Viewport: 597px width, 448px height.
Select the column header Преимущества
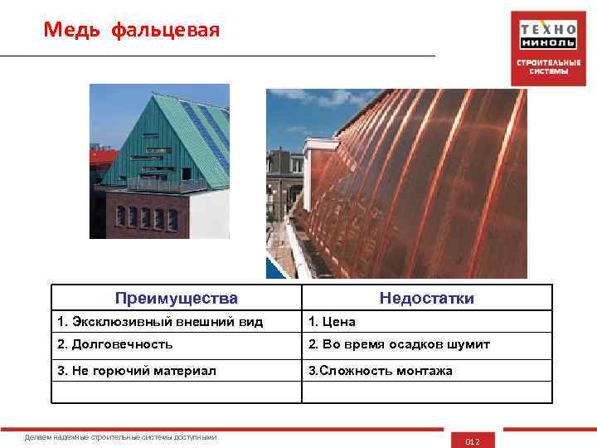(176, 298)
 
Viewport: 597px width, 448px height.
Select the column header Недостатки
(426, 298)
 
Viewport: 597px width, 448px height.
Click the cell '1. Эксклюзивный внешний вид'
(160, 321)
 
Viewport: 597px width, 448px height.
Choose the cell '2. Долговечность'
(115, 344)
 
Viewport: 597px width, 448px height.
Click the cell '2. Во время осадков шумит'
(399, 344)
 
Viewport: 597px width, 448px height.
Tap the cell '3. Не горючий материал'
(137, 371)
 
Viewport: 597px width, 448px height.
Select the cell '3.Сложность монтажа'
(381, 371)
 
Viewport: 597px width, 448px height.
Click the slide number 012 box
(473, 441)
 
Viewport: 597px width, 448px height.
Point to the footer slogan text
(121, 436)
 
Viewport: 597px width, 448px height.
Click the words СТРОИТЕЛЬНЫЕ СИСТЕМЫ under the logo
(548, 66)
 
